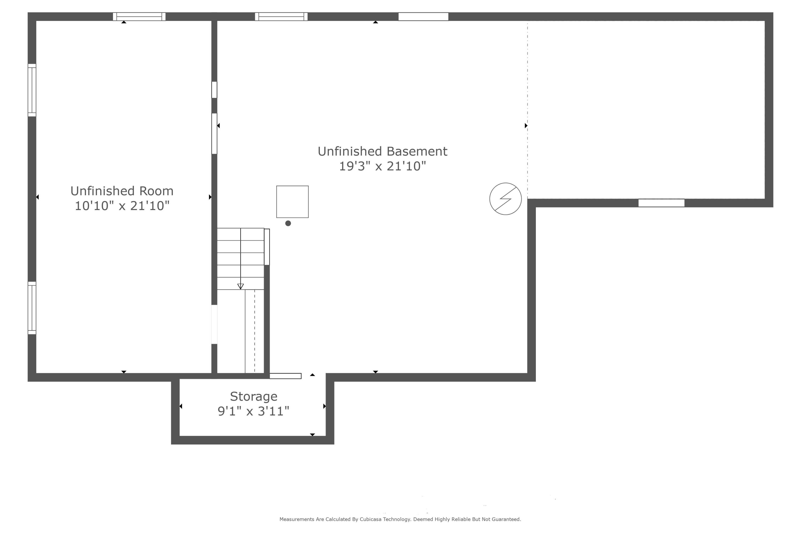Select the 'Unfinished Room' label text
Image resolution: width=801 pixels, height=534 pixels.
point(122,191)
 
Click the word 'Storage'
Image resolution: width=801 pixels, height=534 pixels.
point(253,396)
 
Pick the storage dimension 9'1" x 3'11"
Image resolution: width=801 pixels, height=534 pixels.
point(253,411)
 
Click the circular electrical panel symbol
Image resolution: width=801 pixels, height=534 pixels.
point(505,199)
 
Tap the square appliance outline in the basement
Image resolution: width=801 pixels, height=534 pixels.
point(292,202)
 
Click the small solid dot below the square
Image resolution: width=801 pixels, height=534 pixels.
point(288,223)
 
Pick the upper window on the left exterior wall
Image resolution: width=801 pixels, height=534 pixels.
point(32,90)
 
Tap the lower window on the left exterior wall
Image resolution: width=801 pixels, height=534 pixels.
point(32,308)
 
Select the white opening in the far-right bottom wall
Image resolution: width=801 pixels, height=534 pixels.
point(661,203)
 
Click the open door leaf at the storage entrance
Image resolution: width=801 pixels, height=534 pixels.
point(285,376)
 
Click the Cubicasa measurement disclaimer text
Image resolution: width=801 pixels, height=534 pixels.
point(400,519)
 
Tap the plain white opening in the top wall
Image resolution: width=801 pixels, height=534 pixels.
point(423,16)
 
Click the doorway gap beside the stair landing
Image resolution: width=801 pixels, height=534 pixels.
point(214,324)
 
